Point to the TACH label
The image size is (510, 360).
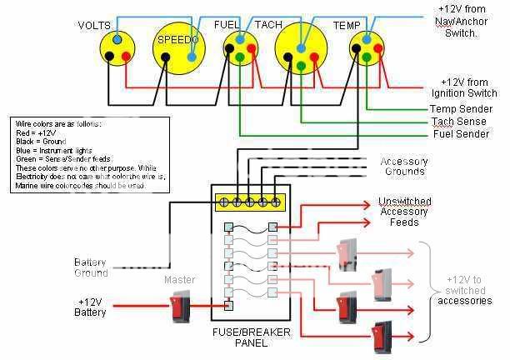(268, 25)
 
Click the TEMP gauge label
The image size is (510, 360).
(347, 26)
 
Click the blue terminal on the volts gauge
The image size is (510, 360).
(117, 39)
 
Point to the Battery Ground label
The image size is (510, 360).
(91, 267)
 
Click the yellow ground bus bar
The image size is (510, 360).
(250, 202)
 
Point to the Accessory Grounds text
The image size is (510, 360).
(404, 167)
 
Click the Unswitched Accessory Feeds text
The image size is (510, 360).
(404, 212)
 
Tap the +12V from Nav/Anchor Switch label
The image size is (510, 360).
(467, 21)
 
